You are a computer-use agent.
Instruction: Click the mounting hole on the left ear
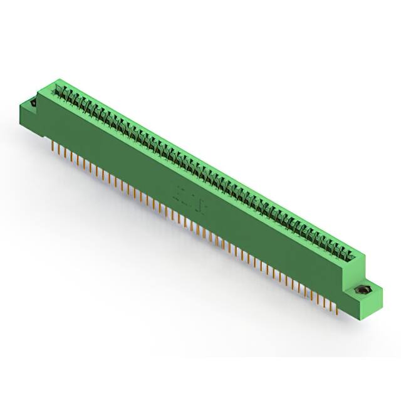[x=32, y=102]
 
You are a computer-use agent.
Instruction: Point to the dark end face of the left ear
[x=27, y=110]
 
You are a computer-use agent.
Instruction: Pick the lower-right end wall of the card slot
[x=357, y=256]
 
